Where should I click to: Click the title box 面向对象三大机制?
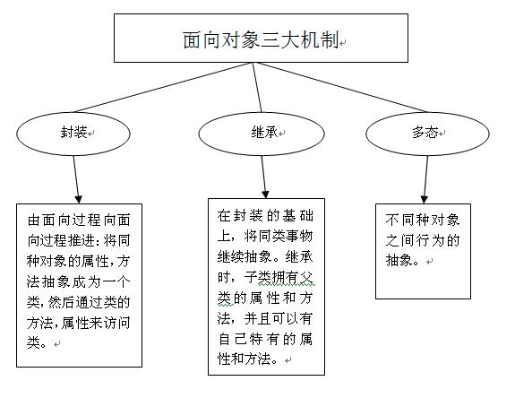[260, 40]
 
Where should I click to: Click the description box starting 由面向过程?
[80, 283]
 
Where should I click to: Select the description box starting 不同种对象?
[423, 250]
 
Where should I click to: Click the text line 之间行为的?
[422, 240]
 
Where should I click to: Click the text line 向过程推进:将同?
[80, 241]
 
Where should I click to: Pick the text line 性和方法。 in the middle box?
[251, 359]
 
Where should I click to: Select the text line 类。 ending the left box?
[40, 342]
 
